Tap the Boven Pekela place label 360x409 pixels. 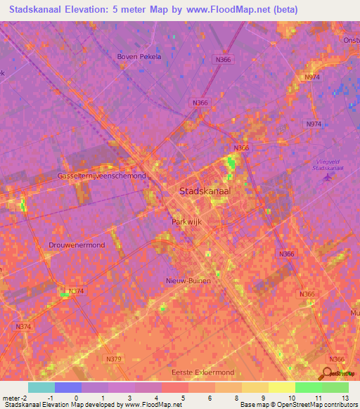click(139, 57)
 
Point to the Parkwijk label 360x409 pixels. click(186, 221)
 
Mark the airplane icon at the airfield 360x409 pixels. click(326, 176)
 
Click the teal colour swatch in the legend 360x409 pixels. click(41, 387)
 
